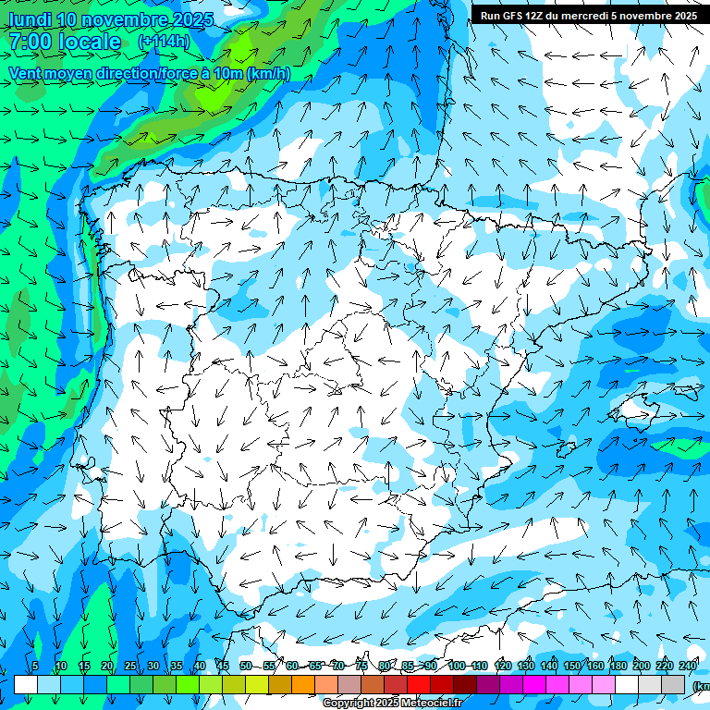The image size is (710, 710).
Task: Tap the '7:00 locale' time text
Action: (65, 42)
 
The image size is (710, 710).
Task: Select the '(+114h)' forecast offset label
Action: (164, 42)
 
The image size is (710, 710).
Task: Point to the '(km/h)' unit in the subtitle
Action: (268, 74)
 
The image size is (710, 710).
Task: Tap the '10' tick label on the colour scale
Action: (61, 666)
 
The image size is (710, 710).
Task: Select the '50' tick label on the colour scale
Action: (246, 666)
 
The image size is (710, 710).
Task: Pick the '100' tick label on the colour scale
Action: (457, 666)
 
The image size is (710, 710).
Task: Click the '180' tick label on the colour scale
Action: (618, 666)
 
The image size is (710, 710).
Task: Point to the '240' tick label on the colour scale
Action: (688, 666)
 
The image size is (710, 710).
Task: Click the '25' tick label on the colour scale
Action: (130, 666)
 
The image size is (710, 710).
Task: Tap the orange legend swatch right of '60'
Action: (303, 684)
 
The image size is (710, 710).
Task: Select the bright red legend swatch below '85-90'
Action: (419, 684)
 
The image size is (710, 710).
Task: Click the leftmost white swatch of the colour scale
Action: (26, 684)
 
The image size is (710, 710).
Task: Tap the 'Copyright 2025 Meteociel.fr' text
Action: (392, 704)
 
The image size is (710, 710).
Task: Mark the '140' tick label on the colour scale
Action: (549, 666)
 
